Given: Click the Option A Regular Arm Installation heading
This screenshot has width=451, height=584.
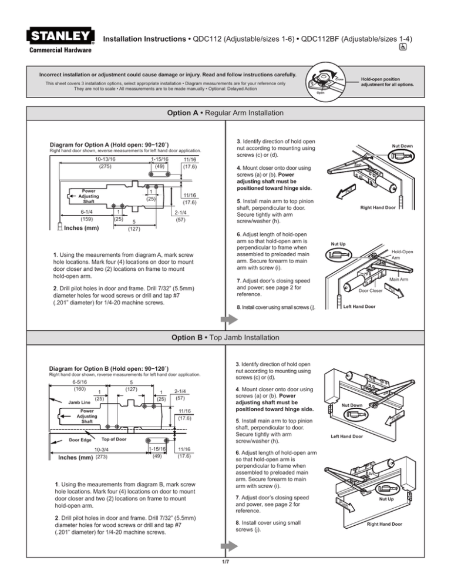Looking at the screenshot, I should [x=225, y=113].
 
